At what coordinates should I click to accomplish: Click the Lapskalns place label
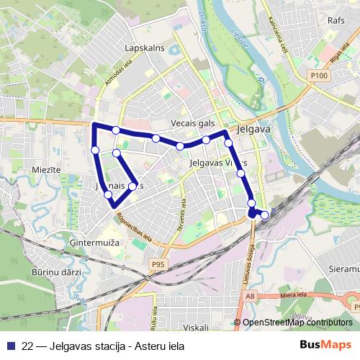click(x=145, y=48)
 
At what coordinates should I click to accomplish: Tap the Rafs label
click(x=336, y=21)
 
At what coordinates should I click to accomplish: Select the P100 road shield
click(x=320, y=75)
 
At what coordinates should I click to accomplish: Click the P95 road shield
click(x=158, y=265)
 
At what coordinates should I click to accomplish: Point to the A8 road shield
click(x=250, y=295)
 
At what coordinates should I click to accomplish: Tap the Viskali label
click(x=195, y=327)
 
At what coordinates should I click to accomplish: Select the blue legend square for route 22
click(x=12, y=346)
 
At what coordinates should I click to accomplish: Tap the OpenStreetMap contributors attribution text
click(x=297, y=323)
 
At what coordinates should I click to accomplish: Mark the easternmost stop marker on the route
click(x=265, y=214)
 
